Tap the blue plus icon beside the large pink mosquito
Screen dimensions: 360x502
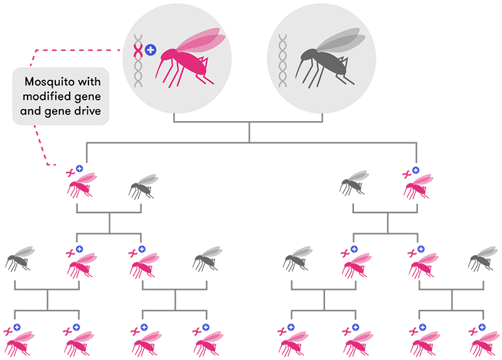(x=151, y=50)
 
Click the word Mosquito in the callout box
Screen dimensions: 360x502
(x=48, y=82)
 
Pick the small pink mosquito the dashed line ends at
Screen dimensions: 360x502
(x=82, y=184)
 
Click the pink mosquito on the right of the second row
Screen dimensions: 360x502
(x=418, y=184)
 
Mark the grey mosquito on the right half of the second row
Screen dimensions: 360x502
(x=355, y=183)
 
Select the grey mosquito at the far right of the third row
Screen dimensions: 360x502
(x=483, y=258)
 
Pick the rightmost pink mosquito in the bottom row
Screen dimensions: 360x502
(x=483, y=341)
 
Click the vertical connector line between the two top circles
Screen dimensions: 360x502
(x=250, y=132)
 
